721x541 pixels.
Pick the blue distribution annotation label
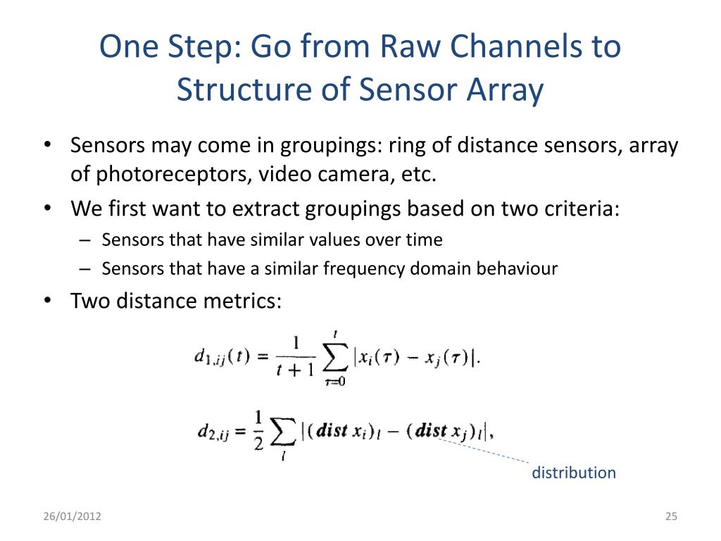pos(573,473)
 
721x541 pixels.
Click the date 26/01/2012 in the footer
pos(72,517)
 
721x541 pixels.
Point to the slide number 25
pos(670,517)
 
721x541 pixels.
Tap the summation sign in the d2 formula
pos(282,432)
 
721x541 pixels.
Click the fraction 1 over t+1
pos(295,357)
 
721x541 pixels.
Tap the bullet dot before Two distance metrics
pos(47,301)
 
